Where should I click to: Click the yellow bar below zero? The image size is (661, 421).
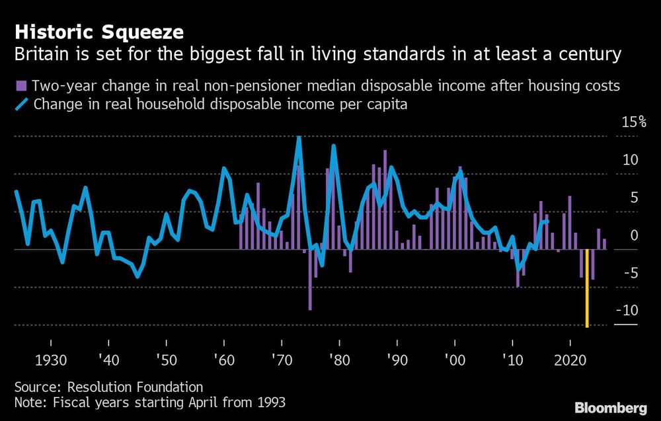pos(587,287)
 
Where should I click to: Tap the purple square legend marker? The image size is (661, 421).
pos(20,85)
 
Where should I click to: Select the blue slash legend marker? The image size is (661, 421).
pos(21,104)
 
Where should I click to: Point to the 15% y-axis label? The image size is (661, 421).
pos(633,122)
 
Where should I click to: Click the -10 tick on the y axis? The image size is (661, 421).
pos(627,311)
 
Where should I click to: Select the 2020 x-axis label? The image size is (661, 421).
pos(570,361)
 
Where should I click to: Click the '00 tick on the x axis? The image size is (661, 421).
pos(455,361)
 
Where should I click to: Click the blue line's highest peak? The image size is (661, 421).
pos(299,137)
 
